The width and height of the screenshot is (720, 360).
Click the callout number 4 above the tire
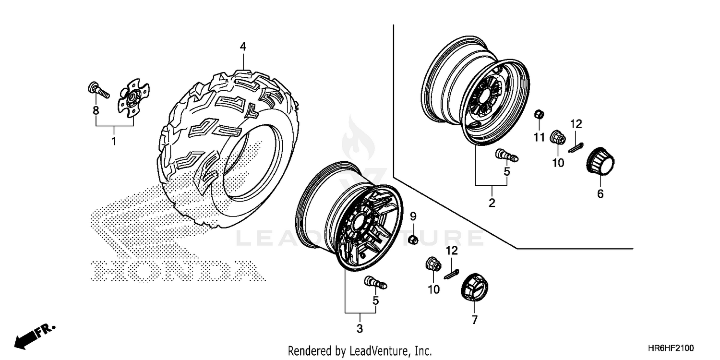pyautogui.click(x=243, y=47)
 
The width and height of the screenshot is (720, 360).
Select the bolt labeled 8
pyautogui.click(x=98, y=90)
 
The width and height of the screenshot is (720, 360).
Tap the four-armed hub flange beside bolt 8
pyautogui.click(x=133, y=96)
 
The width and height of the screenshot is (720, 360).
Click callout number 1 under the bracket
pyautogui.click(x=114, y=141)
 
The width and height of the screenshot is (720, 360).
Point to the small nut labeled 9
pyautogui.click(x=412, y=239)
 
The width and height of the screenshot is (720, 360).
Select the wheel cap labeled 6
pyautogui.click(x=600, y=162)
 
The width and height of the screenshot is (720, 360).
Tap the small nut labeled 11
pyautogui.click(x=539, y=114)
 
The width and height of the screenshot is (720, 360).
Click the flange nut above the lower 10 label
pyautogui.click(x=433, y=264)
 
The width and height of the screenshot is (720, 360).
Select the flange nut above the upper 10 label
pyautogui.click(x=557, y=137)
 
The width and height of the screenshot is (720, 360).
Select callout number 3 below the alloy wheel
pyautogui.click(x=360, y=329)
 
